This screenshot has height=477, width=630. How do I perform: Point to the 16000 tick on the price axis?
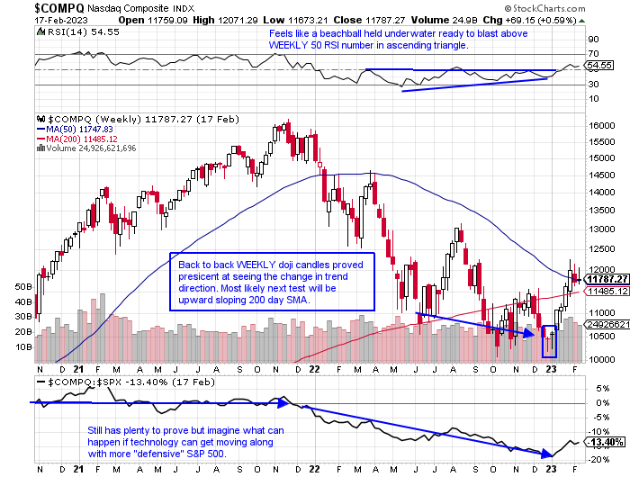coord(600,125)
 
